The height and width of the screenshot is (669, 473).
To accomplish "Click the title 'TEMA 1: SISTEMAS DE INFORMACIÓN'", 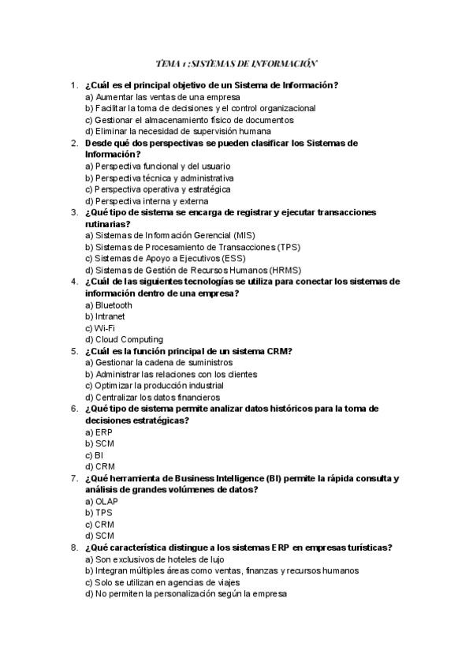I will point(236,63).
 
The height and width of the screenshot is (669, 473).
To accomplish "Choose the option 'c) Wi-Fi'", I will point(100,328).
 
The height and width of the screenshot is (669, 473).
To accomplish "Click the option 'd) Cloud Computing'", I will point(124,340).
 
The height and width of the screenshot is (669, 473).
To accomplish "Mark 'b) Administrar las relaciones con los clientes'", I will point(171,374).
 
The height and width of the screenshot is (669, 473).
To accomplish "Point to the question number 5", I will point(73,351).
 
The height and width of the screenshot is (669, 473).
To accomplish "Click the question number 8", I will point(73,548).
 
